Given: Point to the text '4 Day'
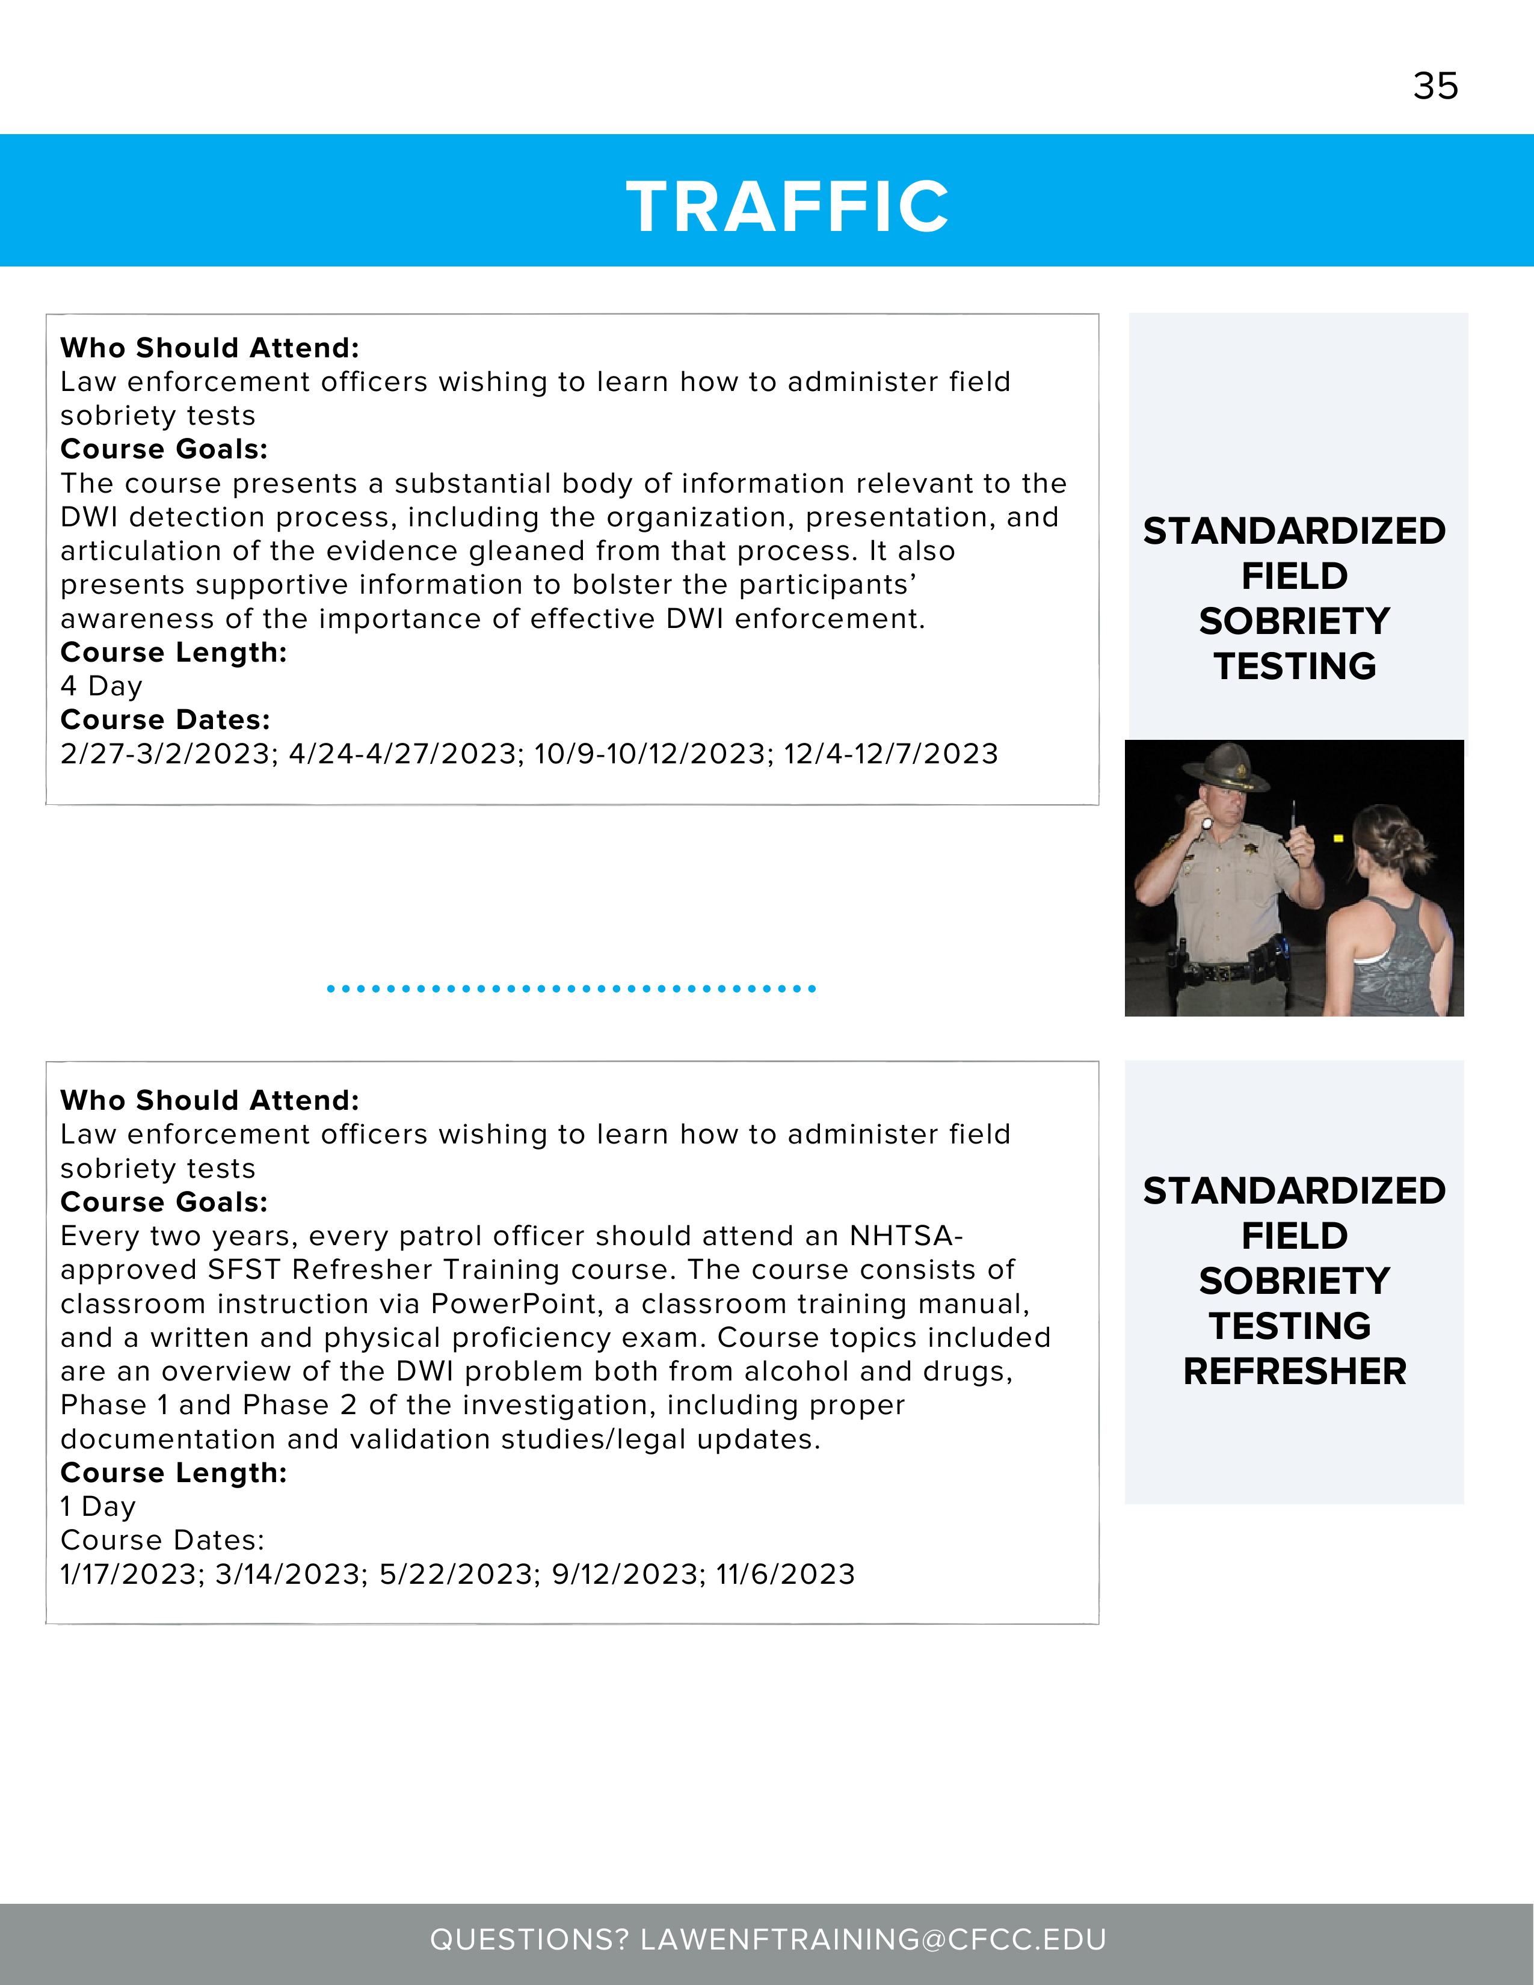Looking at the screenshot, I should tap(101, 686).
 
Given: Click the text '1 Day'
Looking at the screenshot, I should tap(97, 1506).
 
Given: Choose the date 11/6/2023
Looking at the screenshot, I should tap(785, 1574).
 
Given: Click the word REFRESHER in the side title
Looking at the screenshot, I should tap(1294, 1371).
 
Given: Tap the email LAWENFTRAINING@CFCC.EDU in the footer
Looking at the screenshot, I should tap(873, 1939).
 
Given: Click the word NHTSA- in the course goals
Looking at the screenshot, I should tap(905, 1236).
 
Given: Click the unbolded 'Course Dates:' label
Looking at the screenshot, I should tap(162, 1540).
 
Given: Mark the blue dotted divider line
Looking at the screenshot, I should tap(571, 988).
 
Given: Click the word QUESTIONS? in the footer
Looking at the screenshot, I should tap(529, 1939).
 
